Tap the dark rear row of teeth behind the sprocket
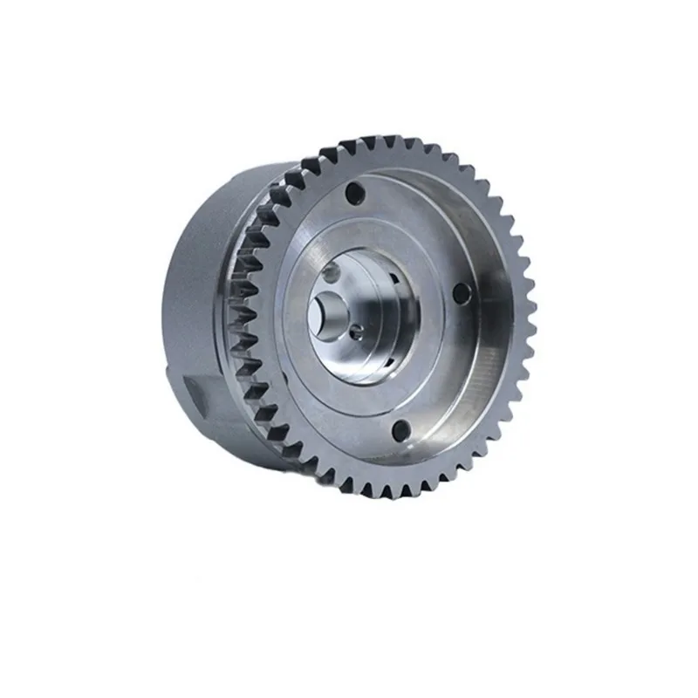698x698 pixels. tap(253, 288)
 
